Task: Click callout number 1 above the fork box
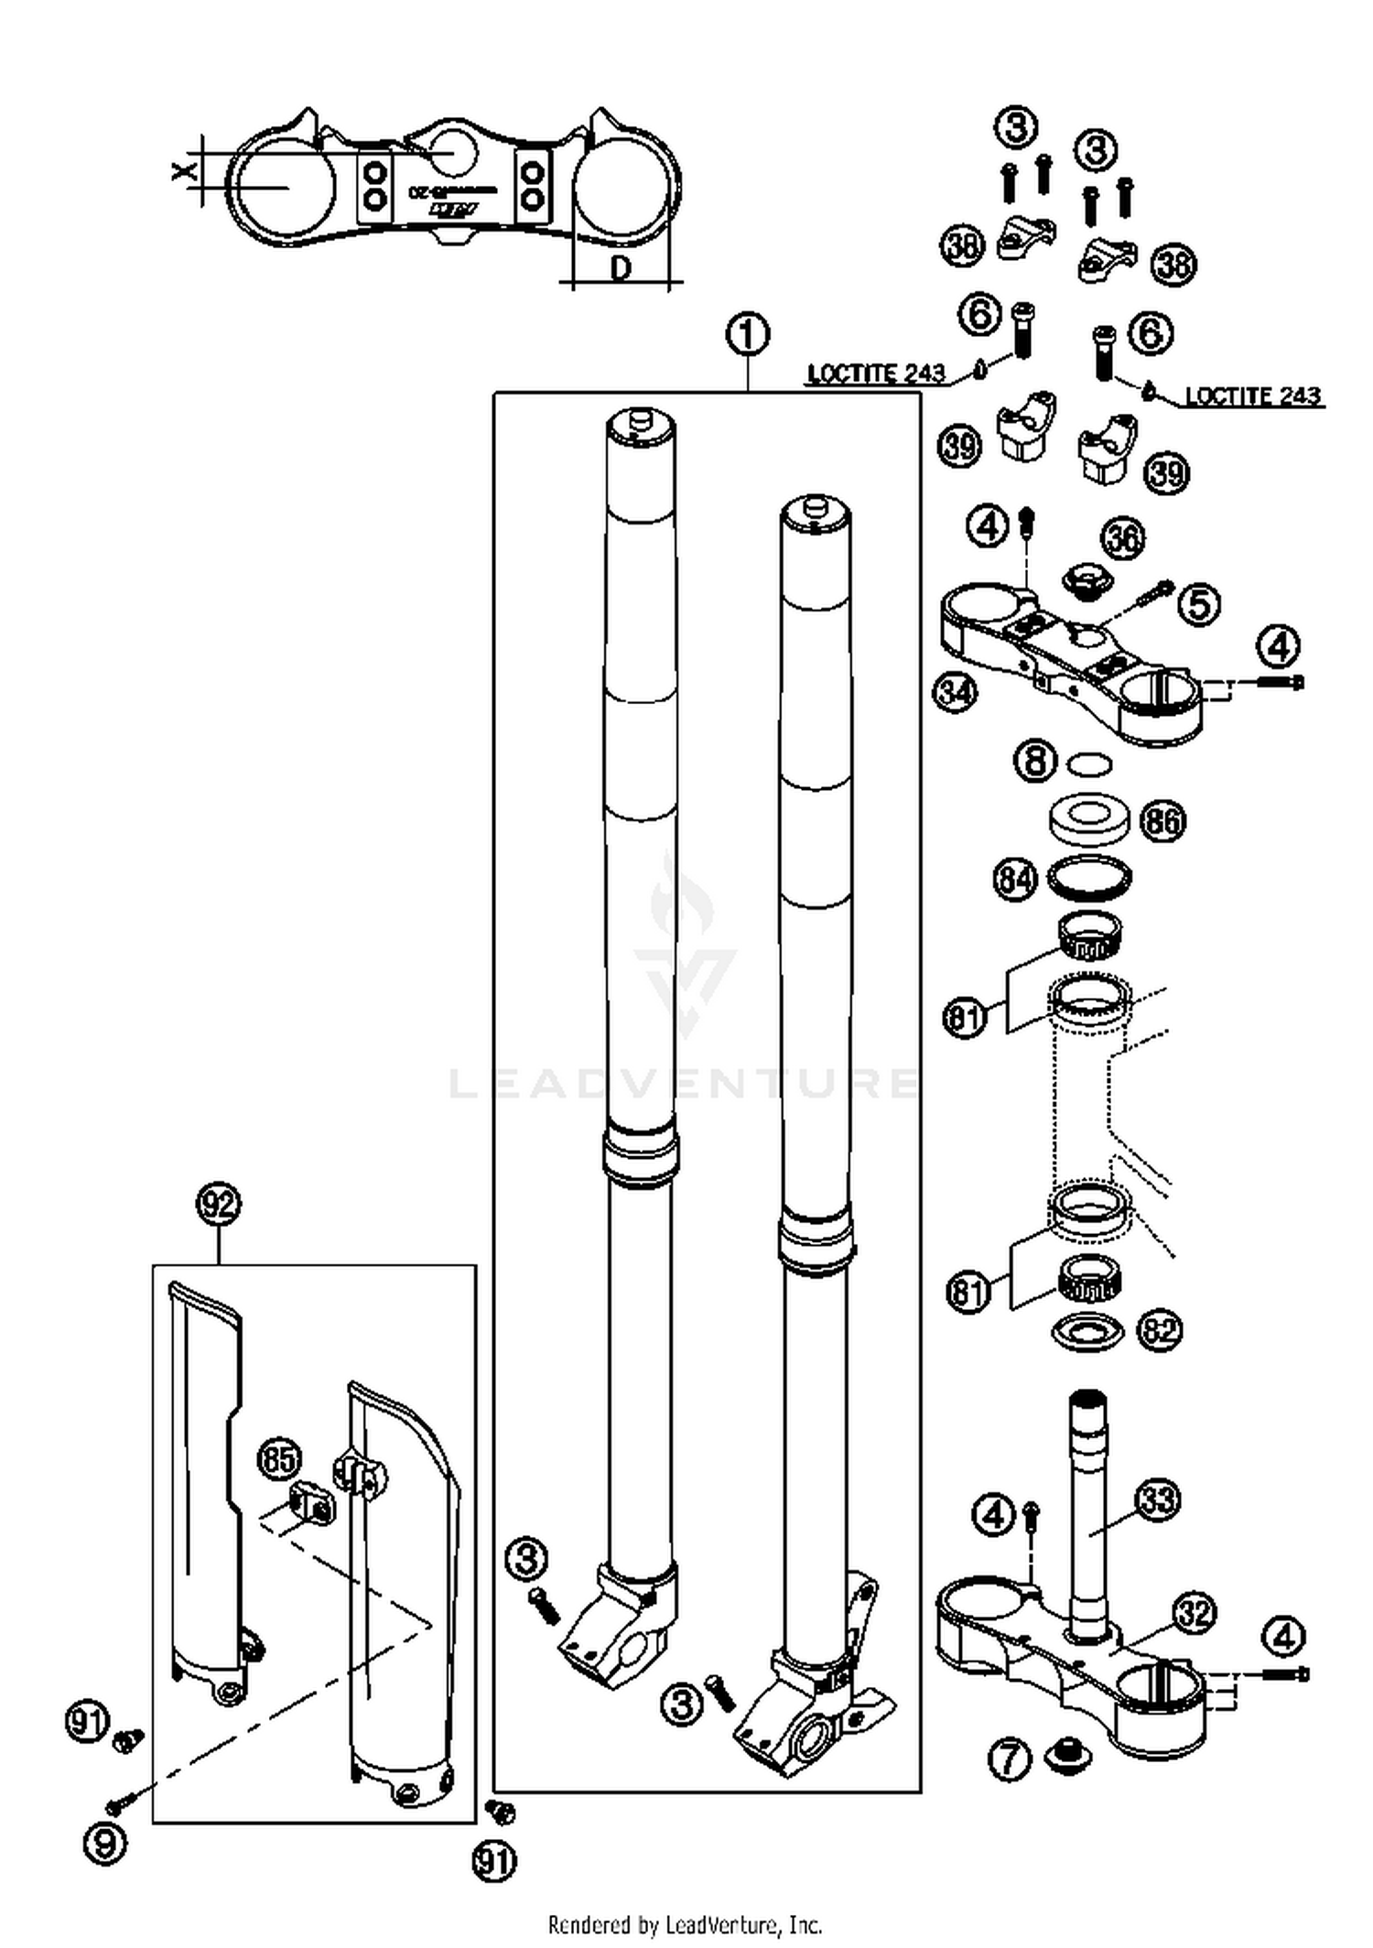[x=747, y=334]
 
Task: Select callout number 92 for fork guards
[x=219, y=1205]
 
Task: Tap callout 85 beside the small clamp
[x=280, y=1459]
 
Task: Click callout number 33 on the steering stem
[x=1158, y=1499]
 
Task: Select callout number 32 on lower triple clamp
[x=1194, y=1613]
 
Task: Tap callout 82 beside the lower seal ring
[x=1160, y=1330]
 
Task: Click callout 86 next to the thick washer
[x=1162, y=821]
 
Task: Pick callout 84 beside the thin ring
[x=1015, y=880]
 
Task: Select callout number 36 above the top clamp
[x=1123, y=538]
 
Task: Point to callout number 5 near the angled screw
[x=1199, y=604]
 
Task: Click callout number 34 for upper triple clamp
[x=955, y=692]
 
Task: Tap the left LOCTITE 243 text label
[x=875, y=373]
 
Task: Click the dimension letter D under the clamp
[x=621, y=269]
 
